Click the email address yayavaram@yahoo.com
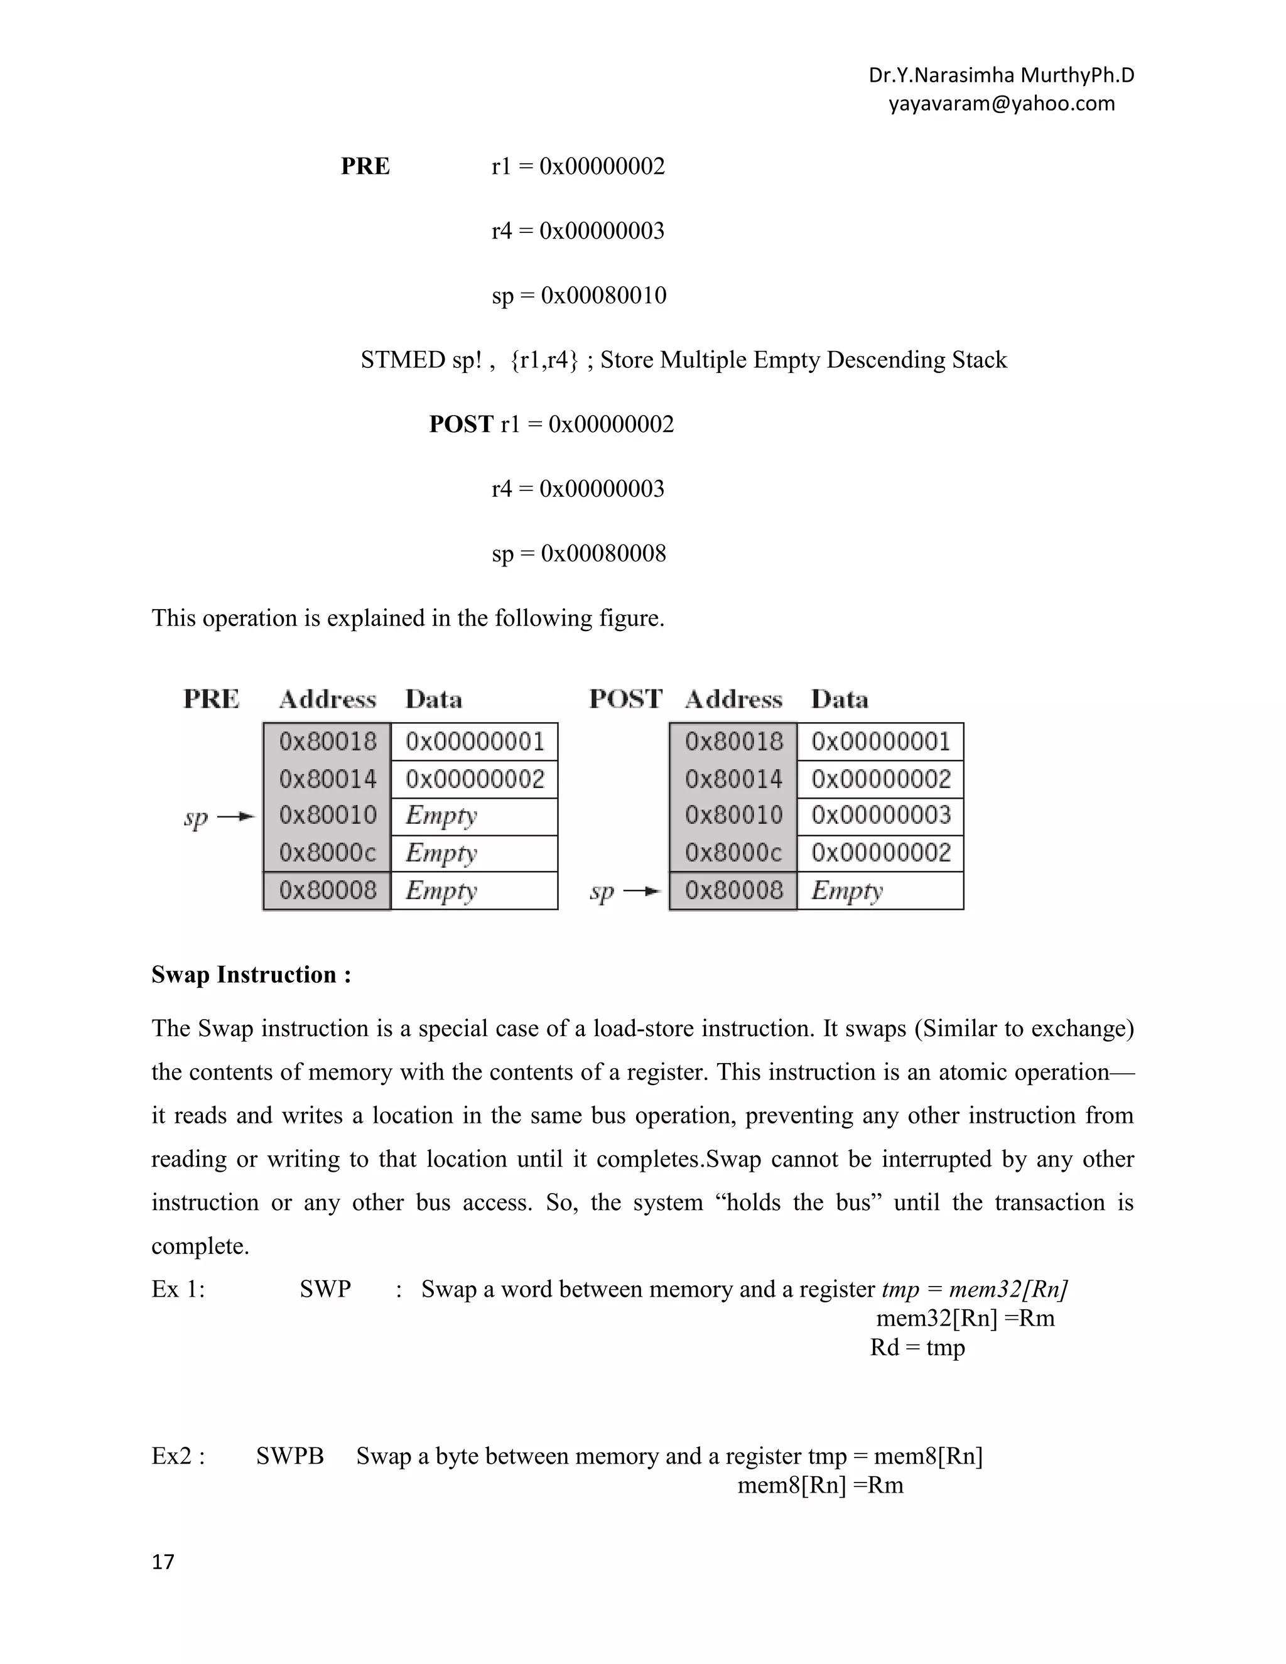(1001, 104)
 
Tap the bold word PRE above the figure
(365, 166)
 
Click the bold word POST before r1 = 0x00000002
(461, 424)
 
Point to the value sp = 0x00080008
(578, 553)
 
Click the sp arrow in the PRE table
(235, 817)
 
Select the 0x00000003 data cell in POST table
(881, 815)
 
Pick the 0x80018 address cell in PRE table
(328, 742)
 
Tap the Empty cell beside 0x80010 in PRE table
(474, 816)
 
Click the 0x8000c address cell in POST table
(733, 853)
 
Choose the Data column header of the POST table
(839, 700)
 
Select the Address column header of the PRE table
(328, 700)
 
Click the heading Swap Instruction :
(251, 975)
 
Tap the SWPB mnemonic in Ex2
(289, 1456)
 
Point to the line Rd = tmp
(917, 1347)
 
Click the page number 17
(163, 1562)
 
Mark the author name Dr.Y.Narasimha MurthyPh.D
(1001, 75)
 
